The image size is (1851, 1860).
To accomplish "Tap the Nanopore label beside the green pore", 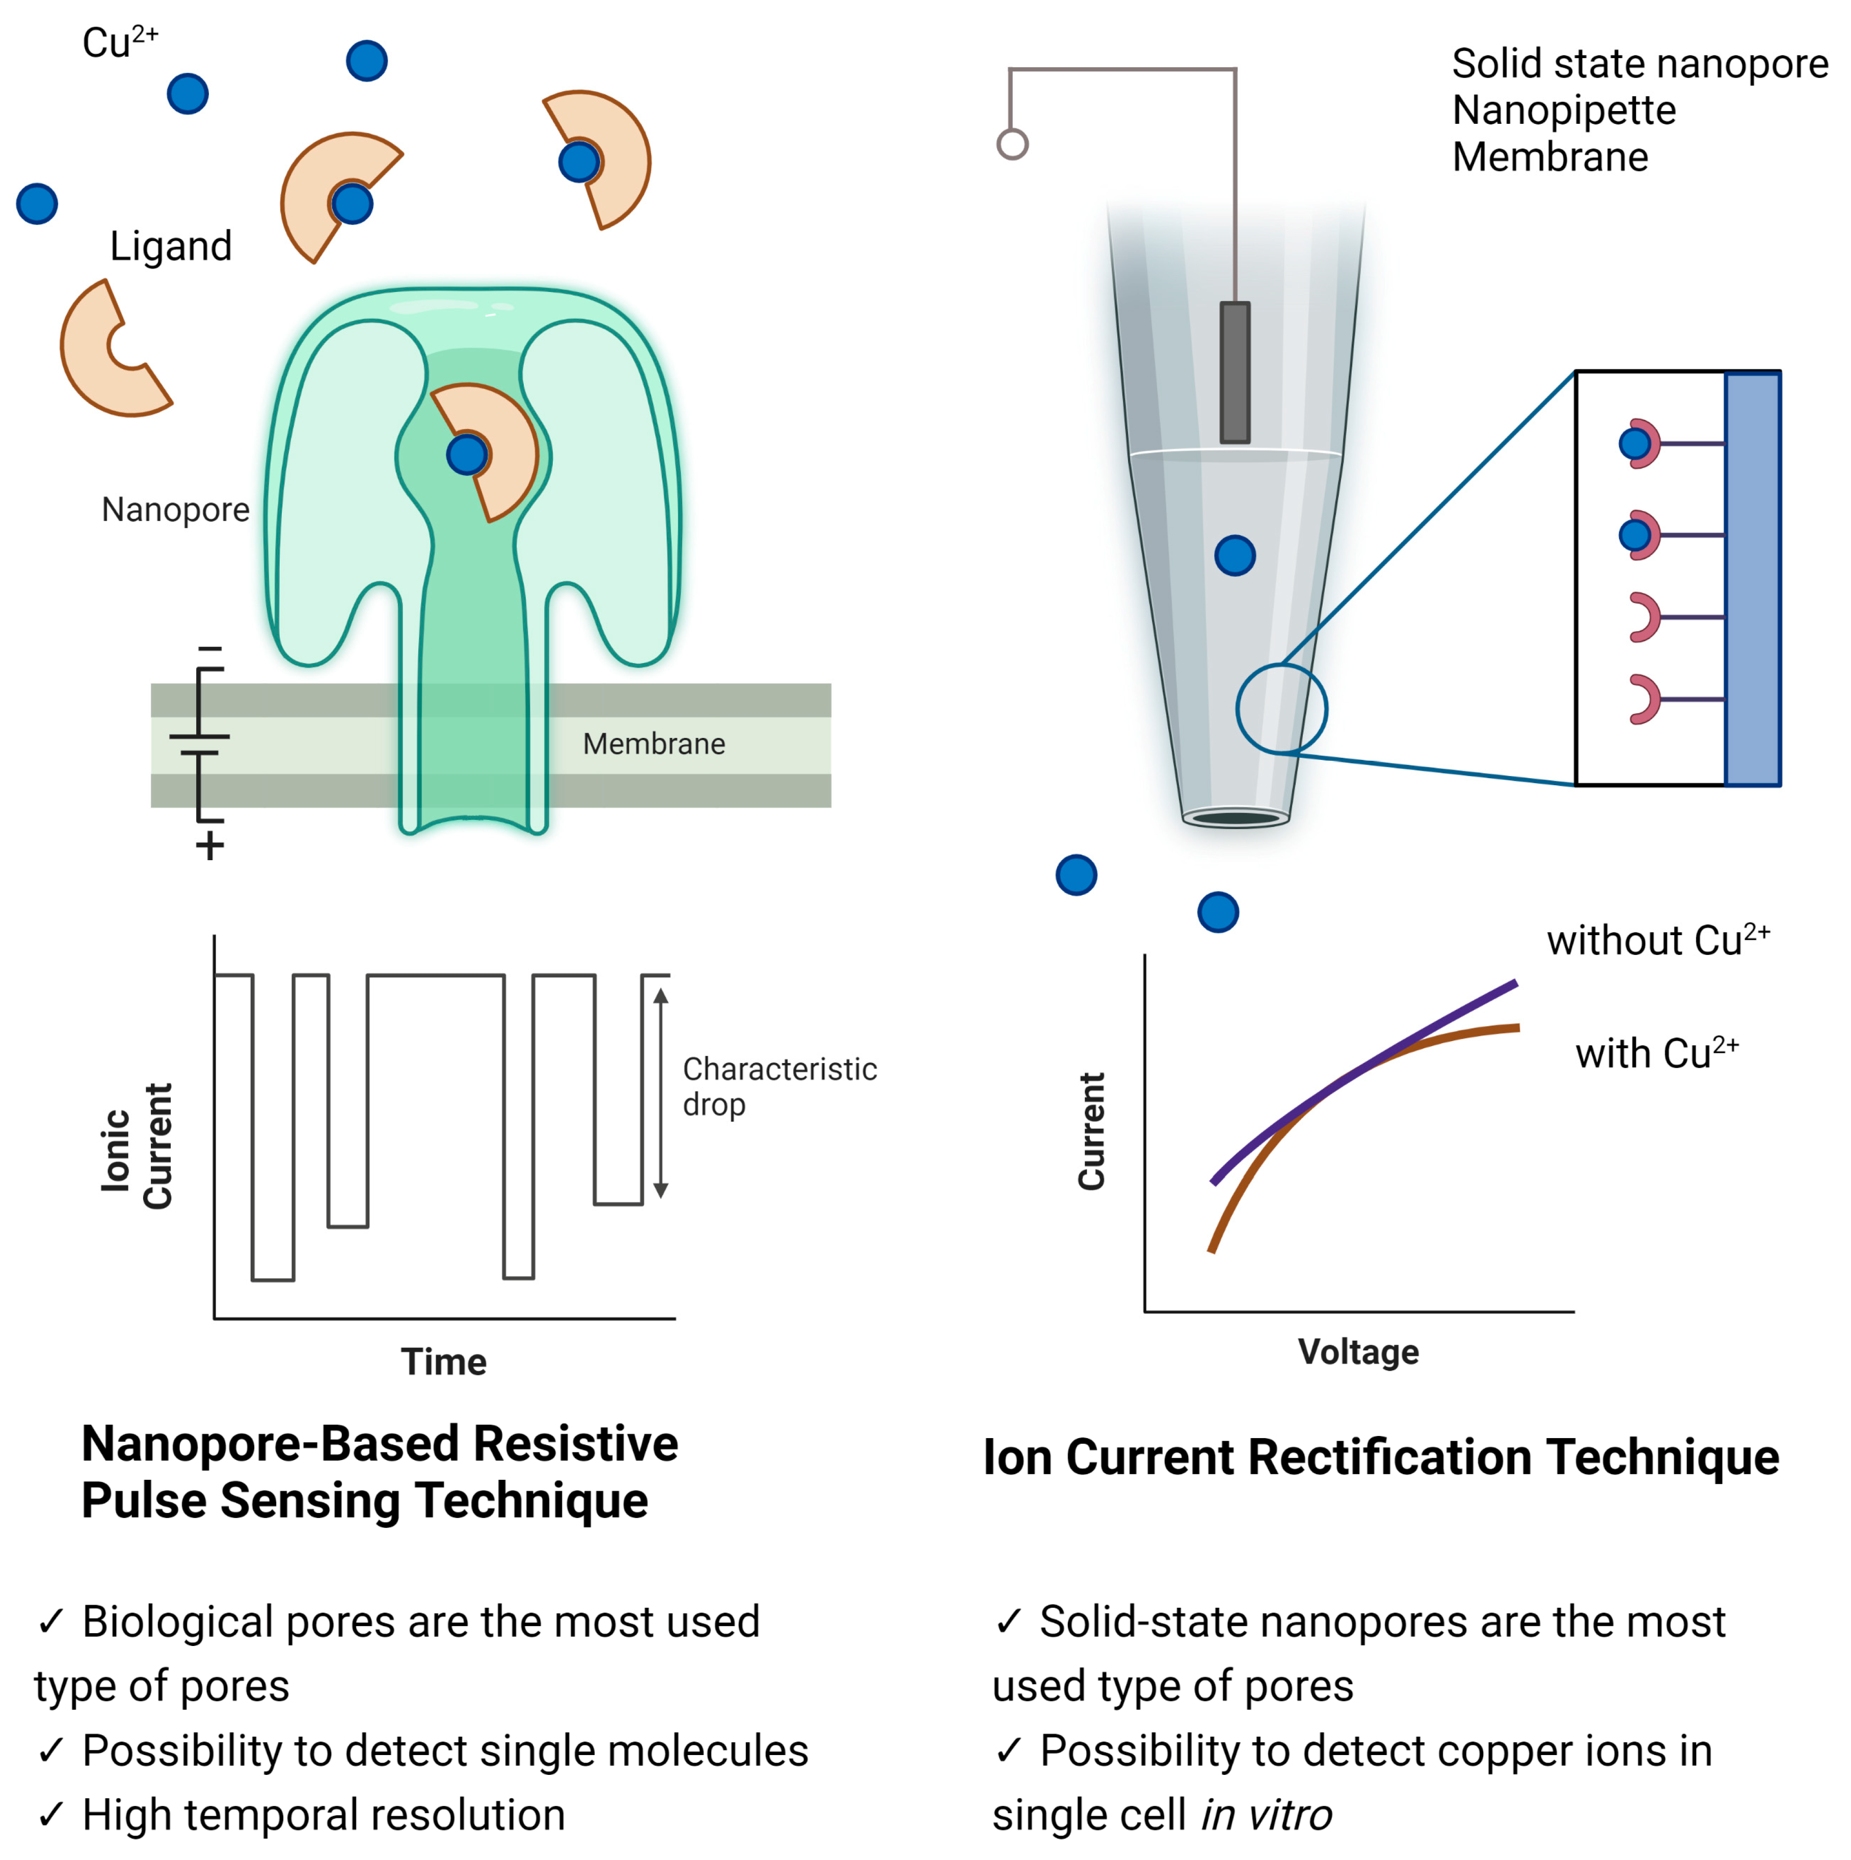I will click(175, 509).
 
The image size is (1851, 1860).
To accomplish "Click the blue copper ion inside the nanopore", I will click(467, 455).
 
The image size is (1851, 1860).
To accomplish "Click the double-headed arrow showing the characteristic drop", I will click(660, 1093).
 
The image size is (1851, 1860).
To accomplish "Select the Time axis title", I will click(444, 1361).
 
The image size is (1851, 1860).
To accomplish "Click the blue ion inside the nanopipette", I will click(1235, 555).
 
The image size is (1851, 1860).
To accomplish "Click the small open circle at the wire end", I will click(1012, 144).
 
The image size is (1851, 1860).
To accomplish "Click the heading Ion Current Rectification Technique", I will click(1380, 1456).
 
